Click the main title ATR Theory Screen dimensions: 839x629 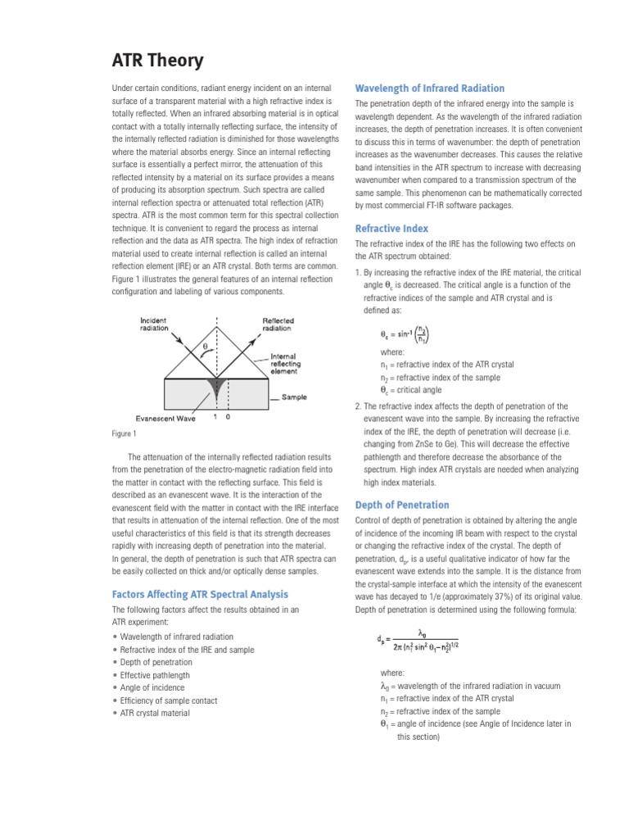pos(157,61)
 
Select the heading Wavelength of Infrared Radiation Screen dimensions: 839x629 pos(429,88)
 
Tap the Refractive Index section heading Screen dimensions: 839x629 pos(391,229)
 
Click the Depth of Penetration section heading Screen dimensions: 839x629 pos(401,505)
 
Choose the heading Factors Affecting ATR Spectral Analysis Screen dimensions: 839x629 pos(200,594)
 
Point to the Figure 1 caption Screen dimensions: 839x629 pos(124,433)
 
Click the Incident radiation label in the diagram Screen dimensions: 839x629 pos(153,324)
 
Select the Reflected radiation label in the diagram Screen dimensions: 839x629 pos(278,324)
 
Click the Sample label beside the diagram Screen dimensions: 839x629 pos(294,397)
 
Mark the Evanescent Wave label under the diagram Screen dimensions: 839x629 pos(165,418)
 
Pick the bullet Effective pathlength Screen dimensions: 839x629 pos(156,675)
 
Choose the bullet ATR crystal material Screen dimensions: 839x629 pos(155,714)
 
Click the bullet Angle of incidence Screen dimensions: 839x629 pos(152,688)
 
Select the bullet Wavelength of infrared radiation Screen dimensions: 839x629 pos(176,637)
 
